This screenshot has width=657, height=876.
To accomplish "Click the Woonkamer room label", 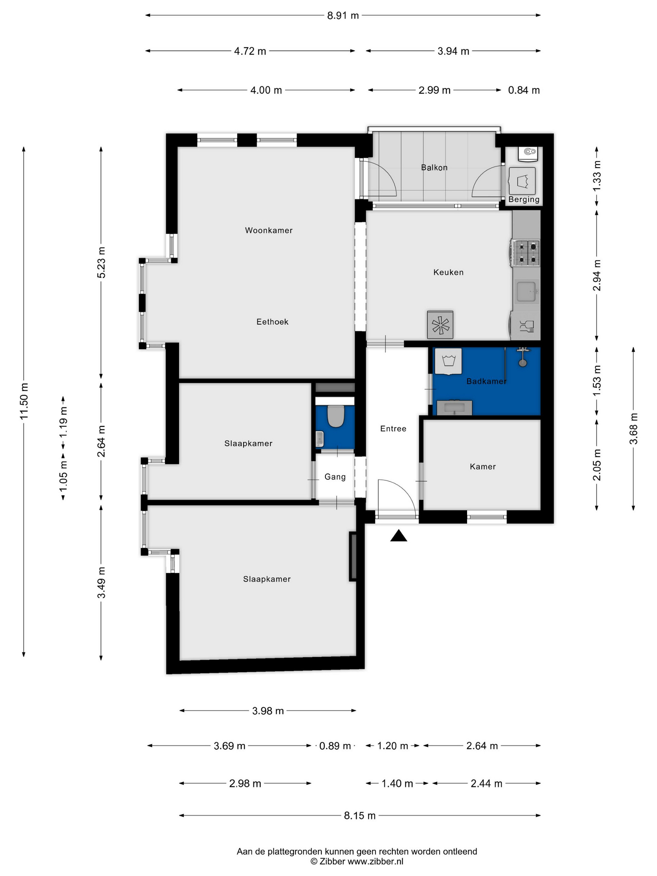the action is pyautogui.click(x=269, y=231).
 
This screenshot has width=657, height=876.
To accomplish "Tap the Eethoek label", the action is pyautogui.click(x=272, y=322).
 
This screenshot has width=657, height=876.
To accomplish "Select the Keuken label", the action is pyautogui.click(x=448, y=272).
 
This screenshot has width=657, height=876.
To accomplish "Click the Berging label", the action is pyautogui.click(x=524, y=199).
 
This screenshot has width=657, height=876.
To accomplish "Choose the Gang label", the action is pyautogui.click(x=335, y=477).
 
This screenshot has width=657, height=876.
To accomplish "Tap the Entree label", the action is pyautogui.click(x=393, y=428).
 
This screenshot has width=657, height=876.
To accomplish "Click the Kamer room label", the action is pyautogui.click(x=483, y=466).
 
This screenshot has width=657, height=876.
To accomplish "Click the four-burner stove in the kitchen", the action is pyautogui.click(x=526, y=253).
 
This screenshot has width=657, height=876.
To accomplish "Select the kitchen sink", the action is pyautogui.click(x=526, y=292).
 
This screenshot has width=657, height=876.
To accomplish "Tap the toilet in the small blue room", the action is pyautogui.click(x=336, y=416).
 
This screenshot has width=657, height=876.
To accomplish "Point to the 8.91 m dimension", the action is pyautogui.click(x=343, y=15).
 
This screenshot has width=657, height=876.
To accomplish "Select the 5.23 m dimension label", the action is pyautogui.click(x=101, y=262).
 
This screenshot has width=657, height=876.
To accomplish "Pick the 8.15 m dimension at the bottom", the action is pyautogui.click(x=360, y=815).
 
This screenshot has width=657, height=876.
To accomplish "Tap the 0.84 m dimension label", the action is pyautogui.click(x=524, y=90).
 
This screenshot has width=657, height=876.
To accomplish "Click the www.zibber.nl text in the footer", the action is pyautogui.click(x=375, y=861).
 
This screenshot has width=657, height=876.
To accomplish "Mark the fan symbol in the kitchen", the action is pyautogui.click(x=440, y=325).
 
